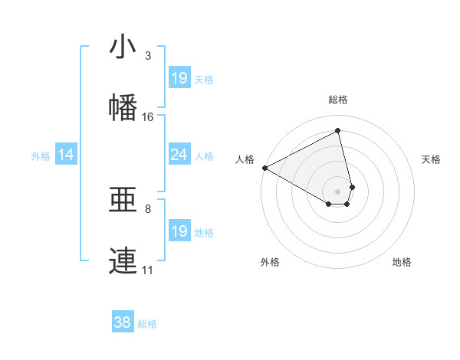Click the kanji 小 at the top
(x=123, y=47)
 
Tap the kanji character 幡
(x=123, y=108)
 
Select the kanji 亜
(x=123, y=200)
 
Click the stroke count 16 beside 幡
(x=148, y=117)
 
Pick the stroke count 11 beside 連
(x=148, y=270)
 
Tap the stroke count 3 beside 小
(x=148, y=56)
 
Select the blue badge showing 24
(x=179, y=155)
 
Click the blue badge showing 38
(x=123, y=323)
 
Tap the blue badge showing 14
(x=66, y=155)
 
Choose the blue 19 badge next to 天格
(x=179, y=78)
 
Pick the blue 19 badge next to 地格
(x=179, y=231)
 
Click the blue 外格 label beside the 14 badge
(x=41, y=156)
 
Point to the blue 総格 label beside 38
(x=147, y=324)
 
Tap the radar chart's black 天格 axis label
(x=432, y=159)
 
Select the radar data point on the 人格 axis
(x=264, y=168)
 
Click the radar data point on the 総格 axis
(x=338, y=130)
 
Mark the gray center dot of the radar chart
(x=338, y=191)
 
